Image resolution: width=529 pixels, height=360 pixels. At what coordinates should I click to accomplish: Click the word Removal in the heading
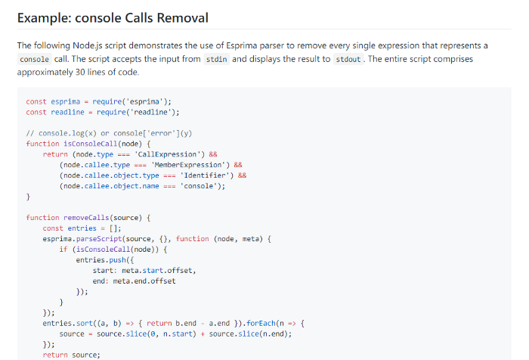click(183, 18)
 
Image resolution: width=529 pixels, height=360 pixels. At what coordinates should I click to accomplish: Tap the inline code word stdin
click(216, 60)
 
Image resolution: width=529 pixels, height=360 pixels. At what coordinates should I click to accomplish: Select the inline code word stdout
click(348, 60)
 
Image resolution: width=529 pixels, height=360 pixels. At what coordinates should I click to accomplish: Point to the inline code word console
click(34, 60)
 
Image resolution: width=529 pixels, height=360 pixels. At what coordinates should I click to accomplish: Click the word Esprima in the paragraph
click(240, 46)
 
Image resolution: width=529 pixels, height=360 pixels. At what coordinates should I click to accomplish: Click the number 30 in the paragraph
click(80, 73)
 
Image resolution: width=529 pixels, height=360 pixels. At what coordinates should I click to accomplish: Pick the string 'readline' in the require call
click(151, 112)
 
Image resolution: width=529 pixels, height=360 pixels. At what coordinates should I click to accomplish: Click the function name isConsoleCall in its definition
click(91, 144)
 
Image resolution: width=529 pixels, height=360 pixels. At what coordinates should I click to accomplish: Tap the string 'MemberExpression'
click(188, 165)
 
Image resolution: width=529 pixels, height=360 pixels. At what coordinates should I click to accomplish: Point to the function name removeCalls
click(86, 218)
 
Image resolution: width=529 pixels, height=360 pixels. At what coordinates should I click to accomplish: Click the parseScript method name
click(99, 239)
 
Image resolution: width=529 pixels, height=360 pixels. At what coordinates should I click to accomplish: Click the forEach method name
click(261, 324)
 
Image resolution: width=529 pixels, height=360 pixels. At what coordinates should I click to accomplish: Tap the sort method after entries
click(85, 324)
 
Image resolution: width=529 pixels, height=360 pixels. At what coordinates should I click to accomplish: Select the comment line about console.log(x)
click(109, 133)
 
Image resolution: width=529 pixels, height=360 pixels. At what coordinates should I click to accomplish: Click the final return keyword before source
click(55, 355)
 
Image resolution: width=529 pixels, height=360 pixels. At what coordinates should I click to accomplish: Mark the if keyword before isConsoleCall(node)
click(63, 250)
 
